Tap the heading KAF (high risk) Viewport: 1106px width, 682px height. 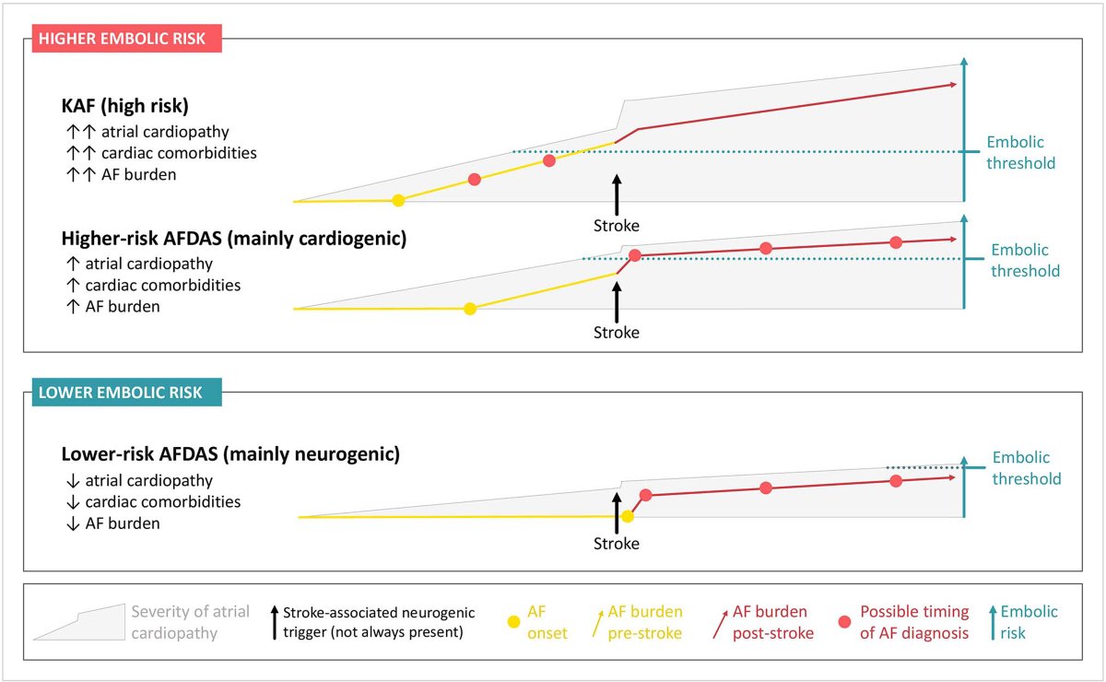tap(124, 105)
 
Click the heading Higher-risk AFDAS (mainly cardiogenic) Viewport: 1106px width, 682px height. tap(234, 239)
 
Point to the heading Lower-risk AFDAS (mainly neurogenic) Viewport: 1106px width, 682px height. tap(230, 454)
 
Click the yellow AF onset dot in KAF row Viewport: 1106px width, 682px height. tap(398, 200)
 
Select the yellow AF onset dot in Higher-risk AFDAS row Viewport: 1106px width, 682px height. tap(470, 309)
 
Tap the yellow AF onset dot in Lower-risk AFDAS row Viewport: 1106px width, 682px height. tap(628, 516)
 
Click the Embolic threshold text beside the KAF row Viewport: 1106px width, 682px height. tap(1020, 153)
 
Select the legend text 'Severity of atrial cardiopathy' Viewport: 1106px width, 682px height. tap(190, 621)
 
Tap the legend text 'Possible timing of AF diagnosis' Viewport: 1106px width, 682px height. tap(913, 622)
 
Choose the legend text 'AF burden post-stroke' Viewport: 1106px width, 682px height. tap(770, 622)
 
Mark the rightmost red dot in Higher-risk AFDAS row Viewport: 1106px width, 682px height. tap(896, 242)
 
